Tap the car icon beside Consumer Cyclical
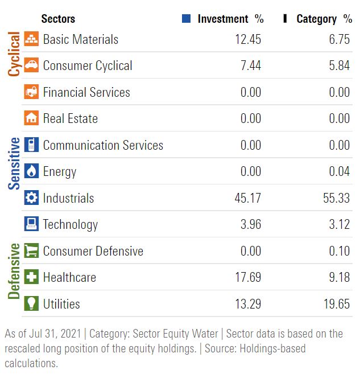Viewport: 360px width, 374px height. tap(31, 65)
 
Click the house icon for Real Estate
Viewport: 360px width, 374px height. tap(31, 118)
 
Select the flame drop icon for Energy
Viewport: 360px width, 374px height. tap(31, 171)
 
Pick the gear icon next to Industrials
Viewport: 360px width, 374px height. tap(31, 198)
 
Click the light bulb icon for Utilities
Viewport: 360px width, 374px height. tap(31, 304)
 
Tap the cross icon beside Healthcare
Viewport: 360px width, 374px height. tap(31, 277)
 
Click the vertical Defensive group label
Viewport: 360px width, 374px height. tap(14, 272)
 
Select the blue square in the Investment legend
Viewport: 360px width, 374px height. tap(186, 19)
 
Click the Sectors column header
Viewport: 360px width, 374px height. tap(58, 19)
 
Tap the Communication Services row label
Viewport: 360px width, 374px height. tap(103, 145)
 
